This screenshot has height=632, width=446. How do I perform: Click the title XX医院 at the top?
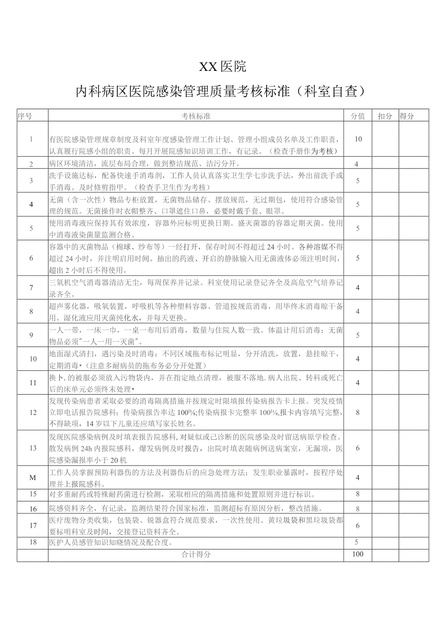223,66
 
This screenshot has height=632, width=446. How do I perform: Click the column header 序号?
25,116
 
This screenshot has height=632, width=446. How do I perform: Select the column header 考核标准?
196,116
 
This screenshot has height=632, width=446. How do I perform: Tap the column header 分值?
358,116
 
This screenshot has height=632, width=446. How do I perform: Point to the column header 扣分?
385,116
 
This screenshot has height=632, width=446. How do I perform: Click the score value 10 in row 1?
358,139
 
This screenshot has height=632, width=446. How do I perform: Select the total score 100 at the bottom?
358,554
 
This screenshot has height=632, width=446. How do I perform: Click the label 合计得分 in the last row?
196,554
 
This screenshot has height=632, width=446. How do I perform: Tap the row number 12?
32,413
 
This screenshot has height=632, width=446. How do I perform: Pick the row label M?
32,478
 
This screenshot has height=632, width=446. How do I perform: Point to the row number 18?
32,542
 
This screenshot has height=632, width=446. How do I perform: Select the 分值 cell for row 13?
358,448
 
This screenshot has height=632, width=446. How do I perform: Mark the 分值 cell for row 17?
358,525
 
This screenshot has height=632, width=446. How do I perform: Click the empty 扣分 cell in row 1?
385,139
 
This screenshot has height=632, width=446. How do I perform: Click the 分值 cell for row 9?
358,335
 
